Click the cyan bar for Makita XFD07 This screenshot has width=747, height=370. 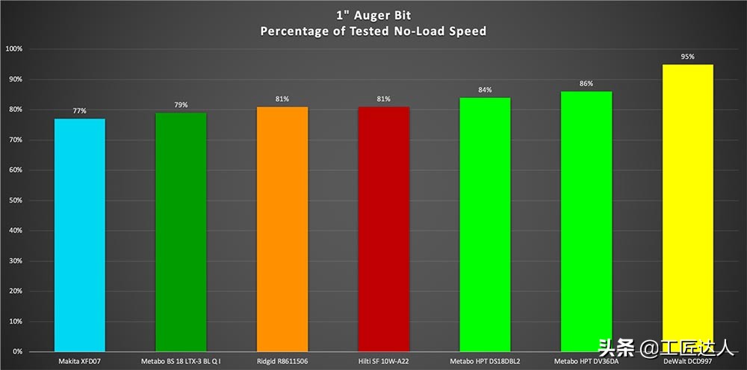pyautogui.click(x=80, y=235)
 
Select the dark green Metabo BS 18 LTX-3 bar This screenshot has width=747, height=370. pyautogui.click(x=181, y=232)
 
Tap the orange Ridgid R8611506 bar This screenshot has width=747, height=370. pyautogui.click(x=282, y=229)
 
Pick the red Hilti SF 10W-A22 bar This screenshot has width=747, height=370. pyautogui.click(x=384, y=229)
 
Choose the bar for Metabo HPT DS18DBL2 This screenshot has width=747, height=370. pyautogui.click(x=485, y=224)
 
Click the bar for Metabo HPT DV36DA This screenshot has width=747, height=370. pyautogui.click(x=586, y=221)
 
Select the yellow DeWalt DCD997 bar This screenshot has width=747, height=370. pyautogui.click(x=687, y=202)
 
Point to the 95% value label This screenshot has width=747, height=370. pyautogui.click(x=687, y=56)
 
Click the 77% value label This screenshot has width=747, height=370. pyautogui.click(x=80, y=111)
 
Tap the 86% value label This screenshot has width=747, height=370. pyautogui.click(x=586, y=84)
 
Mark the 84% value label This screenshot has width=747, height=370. pyautogui.click(x=485, y=90)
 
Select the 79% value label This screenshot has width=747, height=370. pyautogui.click(x=181, y=105)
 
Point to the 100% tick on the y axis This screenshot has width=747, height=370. pyautogui.click(x=14, y=49)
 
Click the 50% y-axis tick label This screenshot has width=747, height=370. pyautogui.click(x=16, y=200)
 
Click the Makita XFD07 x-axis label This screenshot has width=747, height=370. pyautogui.click(x=80, y=363)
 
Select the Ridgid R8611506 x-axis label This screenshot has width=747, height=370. pyautogui.click(x=282, y=363)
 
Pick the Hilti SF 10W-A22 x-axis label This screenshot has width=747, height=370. pyautogui.click(x=384, y=363)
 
